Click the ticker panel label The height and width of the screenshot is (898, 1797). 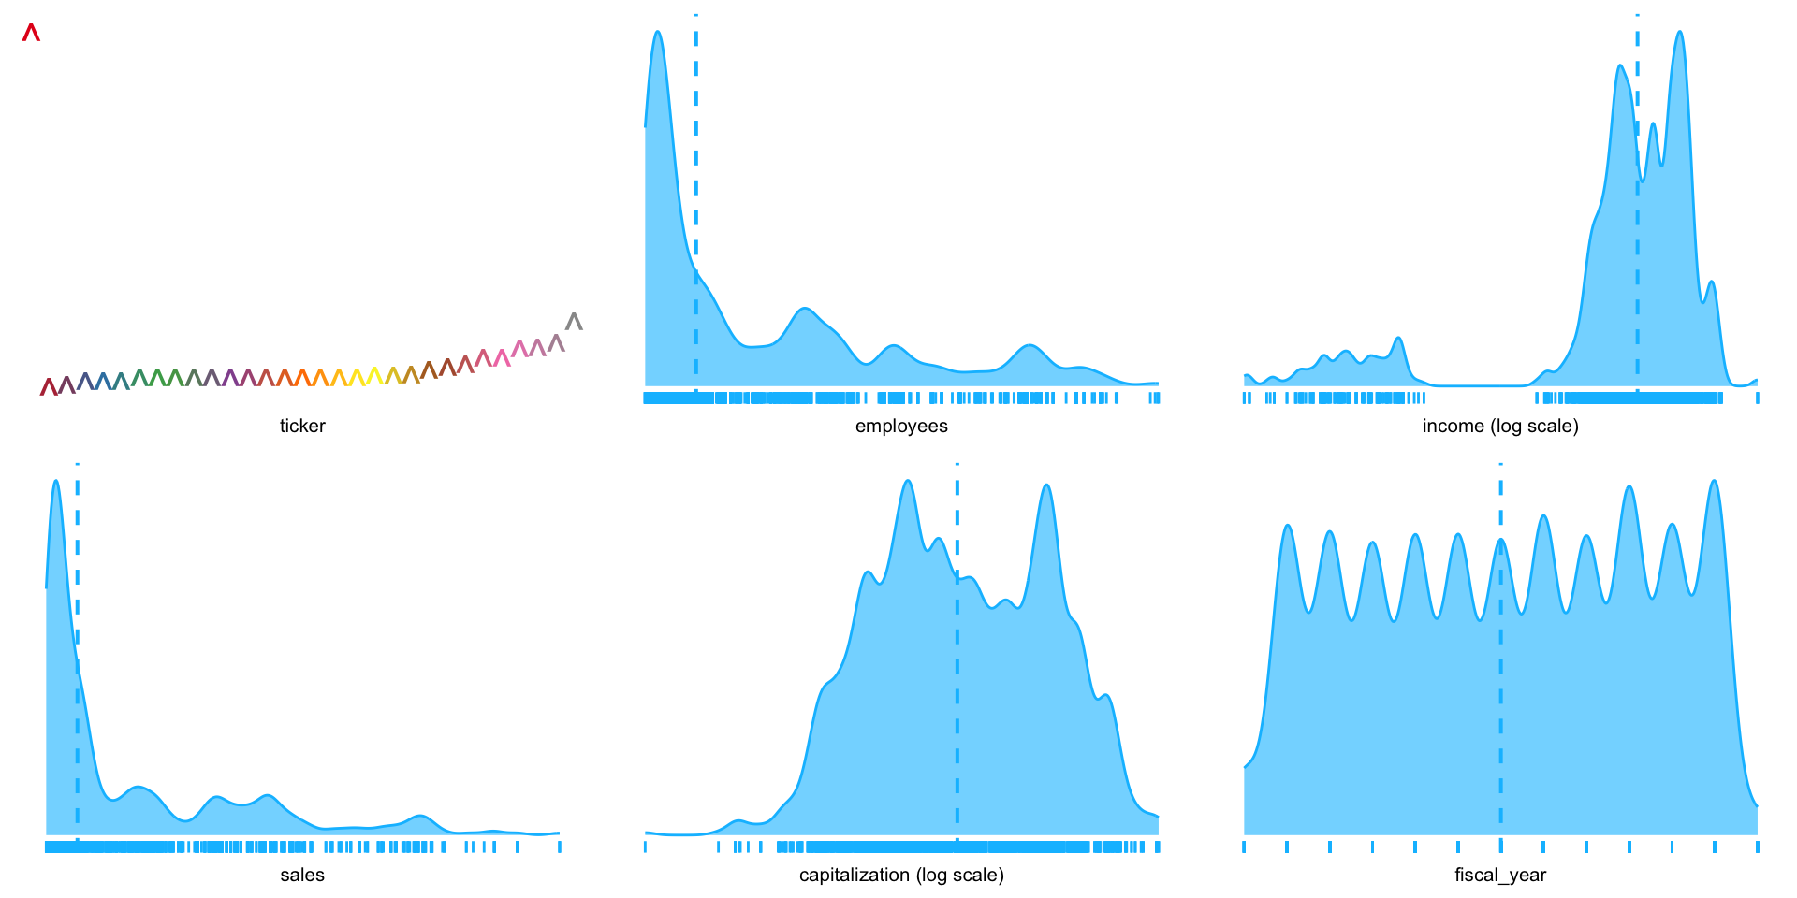(x=302, y=427)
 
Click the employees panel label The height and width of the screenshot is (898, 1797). (x=901, y=427)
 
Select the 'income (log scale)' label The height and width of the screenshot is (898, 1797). (x=1500, y=427)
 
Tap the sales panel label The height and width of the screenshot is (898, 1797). (x=302, y=876)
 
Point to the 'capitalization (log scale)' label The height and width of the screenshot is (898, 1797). (x=901, y=876)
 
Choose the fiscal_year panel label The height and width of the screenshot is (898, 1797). (x=1500, y=876)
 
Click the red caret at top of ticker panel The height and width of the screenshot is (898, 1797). (x=31, y=34)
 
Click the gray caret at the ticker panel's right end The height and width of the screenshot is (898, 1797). (x=574, y=322)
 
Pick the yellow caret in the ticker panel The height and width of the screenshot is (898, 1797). (x=374, y=376)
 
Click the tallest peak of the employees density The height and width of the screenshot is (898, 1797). (x=658, y=33)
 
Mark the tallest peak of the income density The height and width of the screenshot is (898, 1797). (x=1680, y=33)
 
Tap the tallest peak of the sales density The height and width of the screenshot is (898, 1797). (x=56, y=482)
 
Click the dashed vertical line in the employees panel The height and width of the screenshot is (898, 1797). (x=696, y=187)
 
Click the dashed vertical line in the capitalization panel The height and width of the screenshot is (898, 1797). (x=957, y=655)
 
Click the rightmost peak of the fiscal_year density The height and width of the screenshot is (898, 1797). (x=1714, y=482)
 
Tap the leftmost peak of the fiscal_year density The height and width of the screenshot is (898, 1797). (x=1288, y=527)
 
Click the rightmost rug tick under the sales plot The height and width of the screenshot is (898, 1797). (x=560, y=847)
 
